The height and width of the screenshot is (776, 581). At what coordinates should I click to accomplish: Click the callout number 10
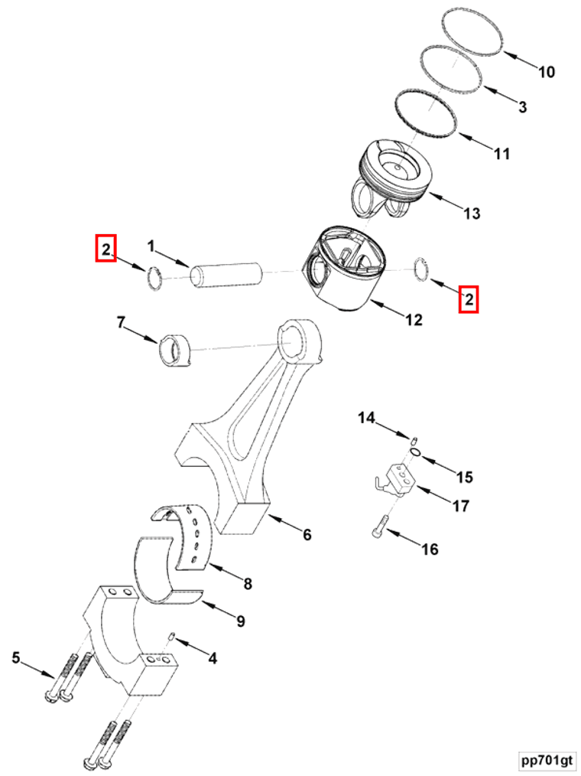click(546, 73)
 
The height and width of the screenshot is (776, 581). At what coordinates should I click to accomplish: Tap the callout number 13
click(472, 213)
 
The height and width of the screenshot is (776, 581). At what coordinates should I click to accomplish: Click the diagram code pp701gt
click(545, 760)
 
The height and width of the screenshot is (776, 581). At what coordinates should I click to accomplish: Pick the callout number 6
click(307, 535)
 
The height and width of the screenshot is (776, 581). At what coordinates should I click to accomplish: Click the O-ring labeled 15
click(414, 453)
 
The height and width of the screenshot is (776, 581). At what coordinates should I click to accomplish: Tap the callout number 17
click(460, 506)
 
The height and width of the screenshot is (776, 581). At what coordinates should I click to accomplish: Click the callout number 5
click(15, 657)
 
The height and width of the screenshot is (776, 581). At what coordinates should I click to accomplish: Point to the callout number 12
click(413, 320)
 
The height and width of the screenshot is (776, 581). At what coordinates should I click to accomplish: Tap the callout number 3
click(522, 107)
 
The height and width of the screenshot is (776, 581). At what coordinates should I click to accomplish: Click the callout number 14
click(367, 418)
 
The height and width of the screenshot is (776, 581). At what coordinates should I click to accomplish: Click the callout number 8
click(247, 585)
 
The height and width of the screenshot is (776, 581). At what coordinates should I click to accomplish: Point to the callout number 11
click(501, 154)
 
